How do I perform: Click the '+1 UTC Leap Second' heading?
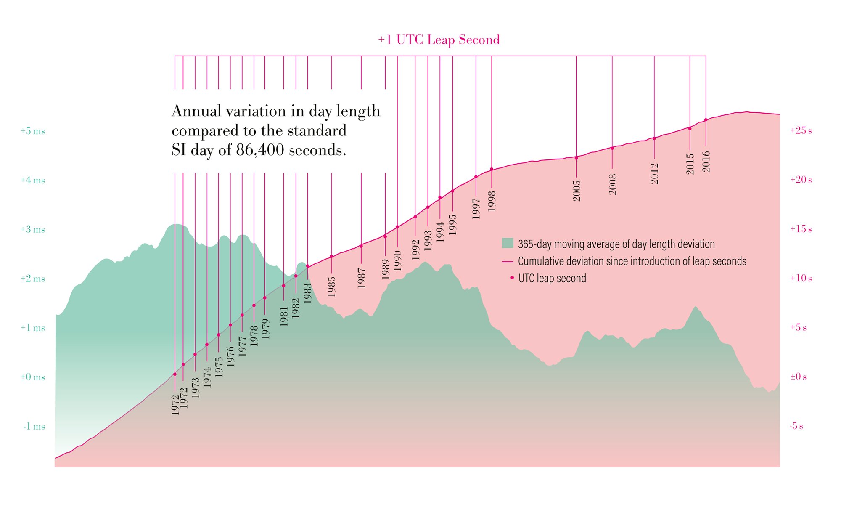(x=439, y=40)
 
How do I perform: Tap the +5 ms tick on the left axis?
(x=32, y=131)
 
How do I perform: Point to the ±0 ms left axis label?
(x=32, y=377)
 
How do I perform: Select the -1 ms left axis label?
(x=34, y=426)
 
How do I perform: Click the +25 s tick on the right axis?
(x=801, y=130)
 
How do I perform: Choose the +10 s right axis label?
(x=801, y=278)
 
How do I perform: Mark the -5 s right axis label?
(x=796, y=426)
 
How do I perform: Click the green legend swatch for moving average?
(x=508, y=243)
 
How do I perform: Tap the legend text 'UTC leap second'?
(x=552, y=278)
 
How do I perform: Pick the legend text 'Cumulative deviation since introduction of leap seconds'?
(x=632, y=261)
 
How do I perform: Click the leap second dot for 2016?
(x=706, y=120)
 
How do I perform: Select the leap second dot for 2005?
(x=576, y=158)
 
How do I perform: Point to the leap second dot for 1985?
(x=331, y=256)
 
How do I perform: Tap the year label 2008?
(x=613, y=184)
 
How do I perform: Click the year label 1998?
(x=492, y=201)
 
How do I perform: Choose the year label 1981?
(x=284, y=316)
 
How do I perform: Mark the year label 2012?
(x=654, y=173)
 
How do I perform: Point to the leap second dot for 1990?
(x=397, y=227)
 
